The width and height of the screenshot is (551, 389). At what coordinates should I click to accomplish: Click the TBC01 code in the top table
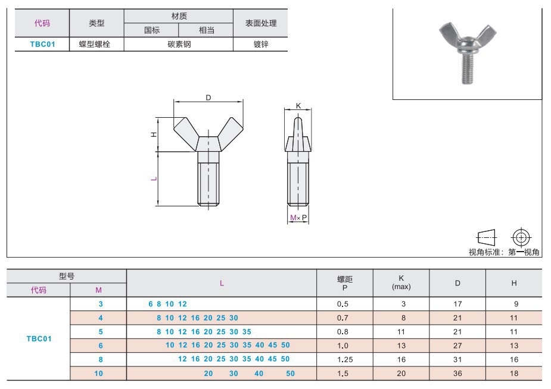(42, 44)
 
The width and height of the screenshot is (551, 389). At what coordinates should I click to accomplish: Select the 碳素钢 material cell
(179, 44)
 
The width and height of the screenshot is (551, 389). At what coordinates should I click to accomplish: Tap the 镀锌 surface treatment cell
(261, 44)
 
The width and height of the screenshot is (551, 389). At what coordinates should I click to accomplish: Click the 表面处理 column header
(261, 23)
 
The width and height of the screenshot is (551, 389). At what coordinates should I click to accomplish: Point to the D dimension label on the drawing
(208, 98)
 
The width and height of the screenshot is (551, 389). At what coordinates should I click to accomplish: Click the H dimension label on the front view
(154, 134)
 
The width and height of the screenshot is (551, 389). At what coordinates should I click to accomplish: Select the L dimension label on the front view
(154, 178)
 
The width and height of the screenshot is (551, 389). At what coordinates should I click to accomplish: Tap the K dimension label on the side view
(298, 106)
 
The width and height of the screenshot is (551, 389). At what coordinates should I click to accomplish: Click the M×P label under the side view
(298, 218)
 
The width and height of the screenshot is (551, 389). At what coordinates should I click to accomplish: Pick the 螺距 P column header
(345, 283)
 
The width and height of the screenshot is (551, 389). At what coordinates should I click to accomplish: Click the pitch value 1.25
(345, 359)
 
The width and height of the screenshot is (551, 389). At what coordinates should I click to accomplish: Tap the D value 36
(457, 374)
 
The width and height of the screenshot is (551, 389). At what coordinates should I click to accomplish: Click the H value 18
(514, 374)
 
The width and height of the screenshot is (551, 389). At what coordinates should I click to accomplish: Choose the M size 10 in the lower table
(99, 374)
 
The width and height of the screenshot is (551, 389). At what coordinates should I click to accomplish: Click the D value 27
(457, 346)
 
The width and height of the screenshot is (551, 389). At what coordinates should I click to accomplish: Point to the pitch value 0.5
(345, 303)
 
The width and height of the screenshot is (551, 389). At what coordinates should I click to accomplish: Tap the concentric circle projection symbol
(521, 237)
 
